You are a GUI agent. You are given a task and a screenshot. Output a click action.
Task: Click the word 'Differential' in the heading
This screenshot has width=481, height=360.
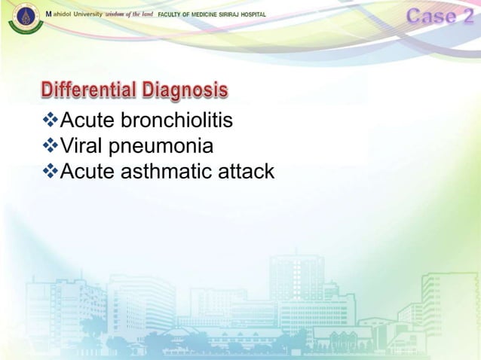click(88, 92)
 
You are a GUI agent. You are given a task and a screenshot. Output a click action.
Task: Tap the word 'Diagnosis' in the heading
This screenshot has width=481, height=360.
click(183, 92)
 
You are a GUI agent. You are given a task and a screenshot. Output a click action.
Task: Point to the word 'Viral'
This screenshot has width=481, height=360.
click(80, 145)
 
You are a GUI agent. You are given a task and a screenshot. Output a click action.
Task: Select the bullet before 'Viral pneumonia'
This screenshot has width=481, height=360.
click(51, 145)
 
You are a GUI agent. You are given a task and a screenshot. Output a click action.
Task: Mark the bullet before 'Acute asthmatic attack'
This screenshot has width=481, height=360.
click(51, 171)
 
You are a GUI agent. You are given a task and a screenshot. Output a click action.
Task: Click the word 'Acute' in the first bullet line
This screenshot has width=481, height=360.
click(87, 121)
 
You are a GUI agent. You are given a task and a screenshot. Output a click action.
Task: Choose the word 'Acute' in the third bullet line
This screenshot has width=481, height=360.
click(87, 172)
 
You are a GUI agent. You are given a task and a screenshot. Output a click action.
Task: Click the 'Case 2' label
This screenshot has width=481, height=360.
click(442, 16)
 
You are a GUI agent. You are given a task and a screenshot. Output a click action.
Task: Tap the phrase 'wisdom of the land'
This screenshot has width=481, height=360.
click(129, 15)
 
